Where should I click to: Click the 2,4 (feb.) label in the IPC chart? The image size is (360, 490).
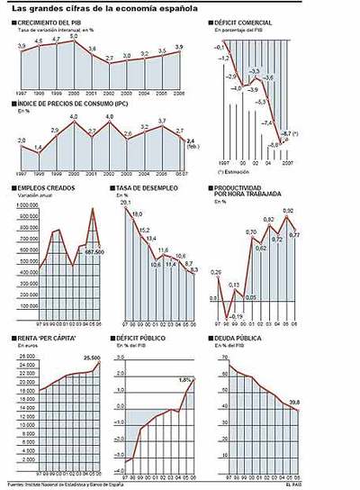pyautogui.click(x=191, y=142)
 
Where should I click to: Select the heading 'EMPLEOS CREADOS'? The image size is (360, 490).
pyautogui.click(x=46, y=187)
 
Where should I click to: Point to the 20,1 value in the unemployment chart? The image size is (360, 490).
pyautogui.click(x=125, y=203)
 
